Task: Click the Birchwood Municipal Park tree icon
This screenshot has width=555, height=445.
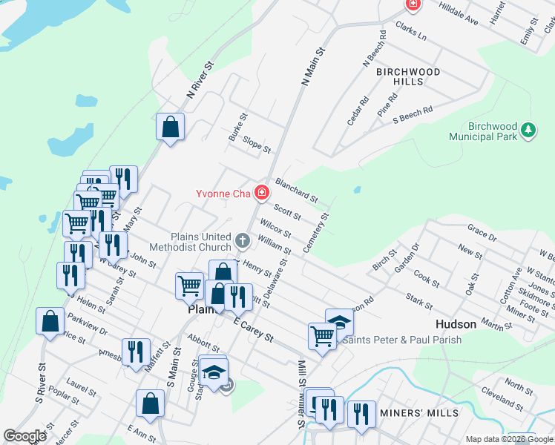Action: click(x=528, y=131)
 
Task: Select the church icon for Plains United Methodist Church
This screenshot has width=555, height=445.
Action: click(x=243, y=240)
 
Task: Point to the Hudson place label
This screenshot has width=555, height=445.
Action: click(x=455, y=325)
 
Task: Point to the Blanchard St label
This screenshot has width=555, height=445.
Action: click(x=296, y=190)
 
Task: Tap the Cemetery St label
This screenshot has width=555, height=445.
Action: click(x=316, y=233)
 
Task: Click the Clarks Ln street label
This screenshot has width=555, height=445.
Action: click(x=411, y=30)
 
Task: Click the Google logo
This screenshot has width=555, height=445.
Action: click(x=24, y=436)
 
